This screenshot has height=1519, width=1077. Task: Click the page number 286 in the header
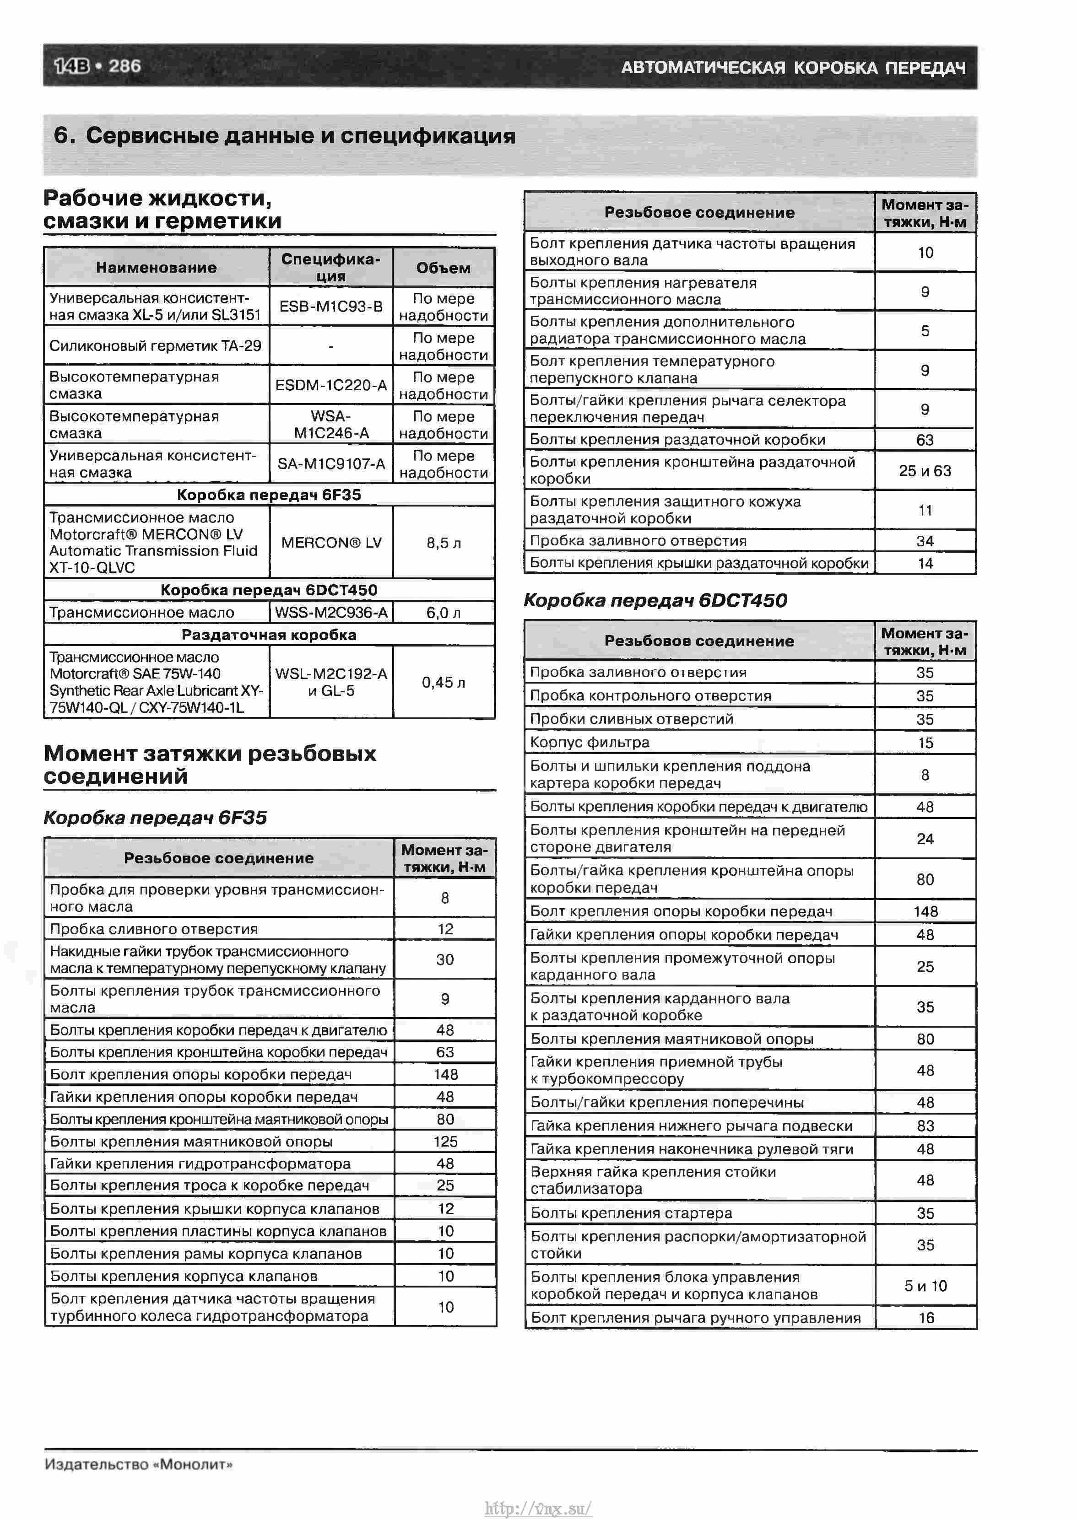click(124, 66)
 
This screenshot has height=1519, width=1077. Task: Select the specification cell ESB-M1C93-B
click(331, 306)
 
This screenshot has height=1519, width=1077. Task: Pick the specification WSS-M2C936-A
click(331, 612)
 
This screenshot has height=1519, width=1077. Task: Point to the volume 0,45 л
click(444, 682)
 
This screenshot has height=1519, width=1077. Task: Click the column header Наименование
click(157, 268)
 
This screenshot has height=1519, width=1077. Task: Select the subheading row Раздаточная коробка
click(269, 635)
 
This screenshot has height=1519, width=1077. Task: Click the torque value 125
click(445, 1141)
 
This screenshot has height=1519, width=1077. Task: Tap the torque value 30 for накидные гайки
click(445, 959)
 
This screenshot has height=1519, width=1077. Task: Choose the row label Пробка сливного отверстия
click(154, 929)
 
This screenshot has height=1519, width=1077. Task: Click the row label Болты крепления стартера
click(631, 1213)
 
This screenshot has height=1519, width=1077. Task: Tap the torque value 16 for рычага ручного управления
click(926, 1318)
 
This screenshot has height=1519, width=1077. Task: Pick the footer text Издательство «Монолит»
click(139, 1465)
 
